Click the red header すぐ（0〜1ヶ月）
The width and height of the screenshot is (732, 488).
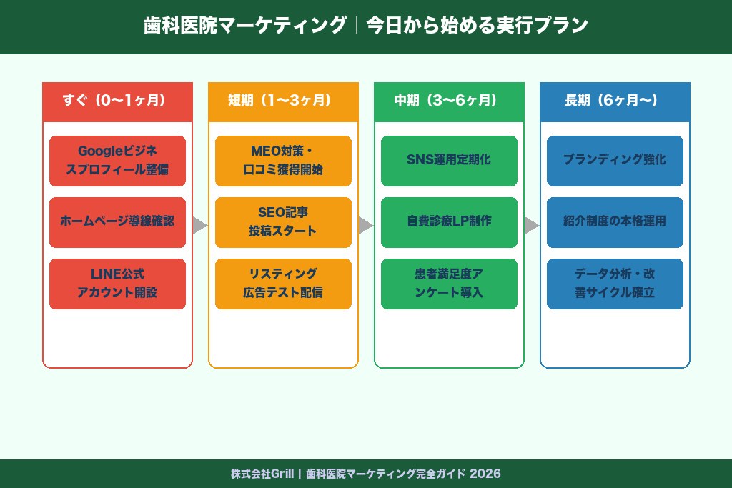coord(117,101)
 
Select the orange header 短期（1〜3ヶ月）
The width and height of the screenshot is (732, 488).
coord(283,101)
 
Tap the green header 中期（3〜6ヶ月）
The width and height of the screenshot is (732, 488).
coord(449,101)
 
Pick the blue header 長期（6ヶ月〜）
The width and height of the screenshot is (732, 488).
coord(615,101)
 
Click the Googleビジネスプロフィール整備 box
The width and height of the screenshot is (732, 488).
coord(117,161)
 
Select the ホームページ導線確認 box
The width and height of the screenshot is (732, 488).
coord(117,222)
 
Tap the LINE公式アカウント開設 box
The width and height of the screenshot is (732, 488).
coord(117,284)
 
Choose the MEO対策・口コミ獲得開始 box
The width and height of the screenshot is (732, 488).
coord(283,161)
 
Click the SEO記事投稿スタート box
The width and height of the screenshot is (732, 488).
coord(283,222)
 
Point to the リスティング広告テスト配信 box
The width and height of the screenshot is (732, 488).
coord(283,284)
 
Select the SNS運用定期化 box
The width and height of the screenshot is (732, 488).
coord(449,161)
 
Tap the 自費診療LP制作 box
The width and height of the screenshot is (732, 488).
coord(449,222)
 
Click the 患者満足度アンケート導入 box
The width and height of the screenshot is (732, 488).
coord(449,284)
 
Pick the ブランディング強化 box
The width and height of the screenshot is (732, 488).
coord(615,161)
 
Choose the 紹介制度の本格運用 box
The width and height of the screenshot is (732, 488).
coord(615,222)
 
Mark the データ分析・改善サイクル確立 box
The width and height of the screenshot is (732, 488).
coord(615,284)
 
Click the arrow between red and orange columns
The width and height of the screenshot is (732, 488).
coord(199,226)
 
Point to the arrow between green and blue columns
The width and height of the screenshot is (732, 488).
coord(531,226)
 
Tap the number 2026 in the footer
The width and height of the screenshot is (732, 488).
coord(485,474)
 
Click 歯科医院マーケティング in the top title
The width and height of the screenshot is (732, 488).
coord(244,26)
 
